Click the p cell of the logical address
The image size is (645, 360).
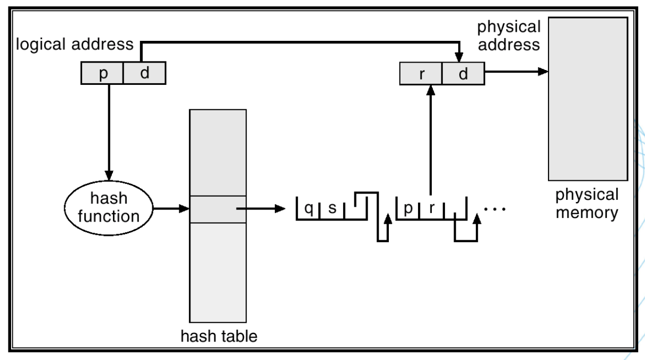click(x=102, y=73)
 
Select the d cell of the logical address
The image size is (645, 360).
click(x=144, y=73)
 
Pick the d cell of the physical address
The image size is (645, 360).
click(x=463, y=73)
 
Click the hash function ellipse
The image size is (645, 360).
click(x=108, y=208)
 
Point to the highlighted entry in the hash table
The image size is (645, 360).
click(x=217, y=209)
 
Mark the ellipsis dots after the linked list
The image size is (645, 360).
click(x=496, y=209)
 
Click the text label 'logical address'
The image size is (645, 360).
click(x=74, y=45)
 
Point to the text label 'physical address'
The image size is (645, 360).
click(x=509, y=36)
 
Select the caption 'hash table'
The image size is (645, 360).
click(x=218, y=336)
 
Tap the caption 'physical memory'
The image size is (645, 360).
click(x=587, y=204)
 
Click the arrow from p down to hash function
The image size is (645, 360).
click(x=108, y=133)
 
